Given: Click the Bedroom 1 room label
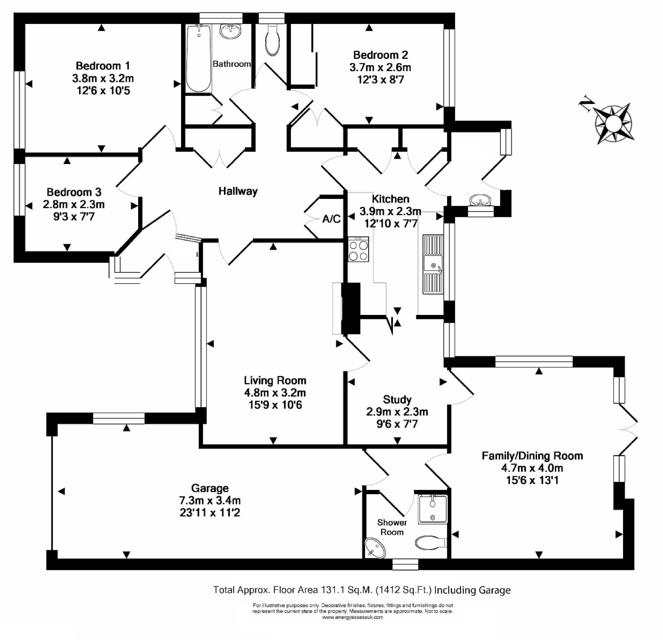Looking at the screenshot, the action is [x=103, y=66].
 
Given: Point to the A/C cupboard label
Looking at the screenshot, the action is [x=331, y=219].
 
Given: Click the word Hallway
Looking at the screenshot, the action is [x=238, y=191].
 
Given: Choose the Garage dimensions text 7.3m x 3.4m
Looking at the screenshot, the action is [x=210, y=500].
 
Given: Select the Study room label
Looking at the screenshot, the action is [x=397, y=399].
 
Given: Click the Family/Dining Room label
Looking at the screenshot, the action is [x=532, y=456].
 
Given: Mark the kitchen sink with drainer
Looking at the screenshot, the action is [x=433, y=264].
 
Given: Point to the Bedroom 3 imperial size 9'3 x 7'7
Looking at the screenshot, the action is [x=74, y=217].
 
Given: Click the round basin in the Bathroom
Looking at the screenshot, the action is [x=231, y=31].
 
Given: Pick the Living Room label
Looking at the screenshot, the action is [x=275, y=380].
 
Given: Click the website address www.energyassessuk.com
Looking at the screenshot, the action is [x=353, y=617].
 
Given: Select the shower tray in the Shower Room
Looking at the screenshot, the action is [x=433, y=509].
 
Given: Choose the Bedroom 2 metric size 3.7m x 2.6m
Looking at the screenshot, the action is [x=380, y=68].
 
